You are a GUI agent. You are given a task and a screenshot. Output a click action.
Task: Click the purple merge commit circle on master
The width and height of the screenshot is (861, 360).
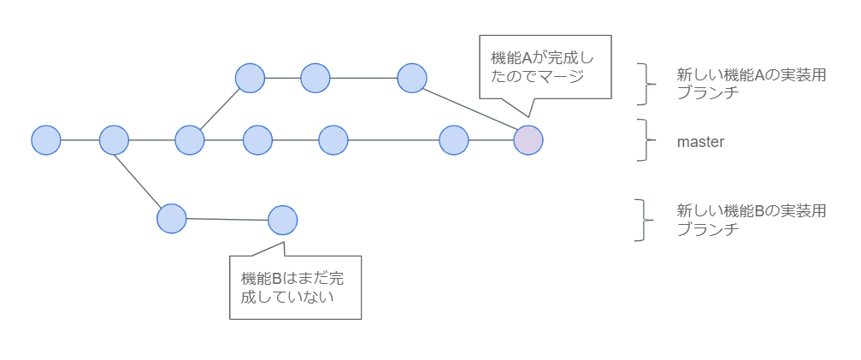[x=528, y=139]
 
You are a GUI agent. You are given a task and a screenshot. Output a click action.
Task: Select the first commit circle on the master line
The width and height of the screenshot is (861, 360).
[x=46, y=139]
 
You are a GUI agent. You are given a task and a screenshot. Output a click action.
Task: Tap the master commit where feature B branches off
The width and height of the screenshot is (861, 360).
[x=114, y=139]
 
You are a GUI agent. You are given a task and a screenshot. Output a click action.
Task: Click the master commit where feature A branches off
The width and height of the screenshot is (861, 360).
[x=189, y=139]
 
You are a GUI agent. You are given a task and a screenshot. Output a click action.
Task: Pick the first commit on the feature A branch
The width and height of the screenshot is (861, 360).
[x=251, y=78]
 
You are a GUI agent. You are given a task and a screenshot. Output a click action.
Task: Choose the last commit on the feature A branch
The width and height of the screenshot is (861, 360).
[x=412, y=78]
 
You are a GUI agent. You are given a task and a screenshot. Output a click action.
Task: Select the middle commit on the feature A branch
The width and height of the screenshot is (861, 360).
[x=316, y=78]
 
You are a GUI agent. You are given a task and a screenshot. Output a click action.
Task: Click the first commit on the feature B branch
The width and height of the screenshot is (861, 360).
[x=172, y=218]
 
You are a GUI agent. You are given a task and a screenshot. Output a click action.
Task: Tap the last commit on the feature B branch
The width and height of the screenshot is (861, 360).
[x=282, y=220]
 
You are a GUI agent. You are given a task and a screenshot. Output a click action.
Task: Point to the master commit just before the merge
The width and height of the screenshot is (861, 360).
[x=454, y=139]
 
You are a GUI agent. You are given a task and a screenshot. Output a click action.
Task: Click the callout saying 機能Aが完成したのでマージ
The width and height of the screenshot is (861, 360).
[x=545, y=68]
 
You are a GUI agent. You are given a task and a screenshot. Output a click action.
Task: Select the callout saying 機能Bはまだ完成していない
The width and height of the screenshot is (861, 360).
[x=296, y=287]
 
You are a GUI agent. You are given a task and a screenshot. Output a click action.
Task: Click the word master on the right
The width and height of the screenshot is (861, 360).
[x=700, y=142]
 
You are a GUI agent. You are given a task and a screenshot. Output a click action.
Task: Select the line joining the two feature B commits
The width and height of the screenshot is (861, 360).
[x=227, y=219]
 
